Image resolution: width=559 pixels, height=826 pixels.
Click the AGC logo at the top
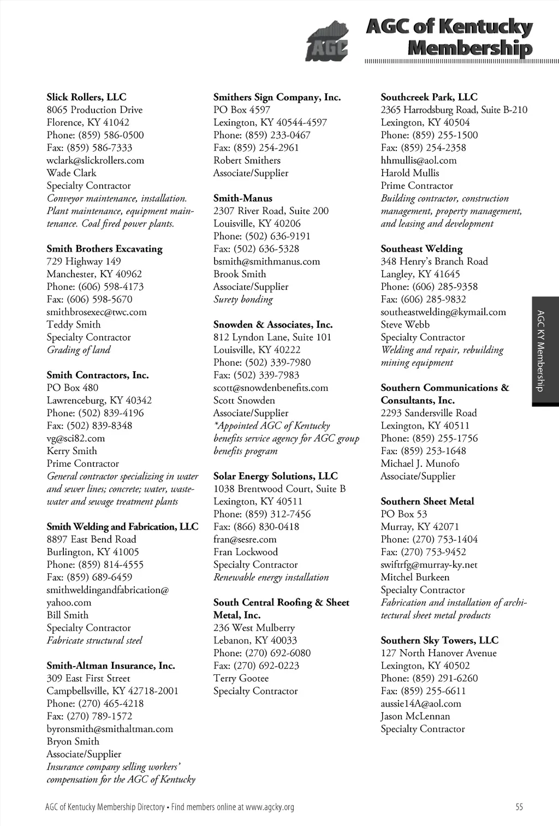pos(327,41)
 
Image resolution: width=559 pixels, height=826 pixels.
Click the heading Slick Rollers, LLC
pos(86,97)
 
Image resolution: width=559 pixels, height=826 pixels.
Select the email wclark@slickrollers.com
pos(95,161)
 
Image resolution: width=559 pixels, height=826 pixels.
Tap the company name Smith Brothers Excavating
pos(104,249)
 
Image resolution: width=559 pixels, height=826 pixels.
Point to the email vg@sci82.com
pos(75,438)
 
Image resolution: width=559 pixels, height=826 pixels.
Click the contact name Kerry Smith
pos(72,451)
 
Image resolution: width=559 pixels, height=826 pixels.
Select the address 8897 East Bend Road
pos(91,539)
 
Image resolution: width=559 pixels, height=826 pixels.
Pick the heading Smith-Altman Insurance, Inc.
pos(110,665)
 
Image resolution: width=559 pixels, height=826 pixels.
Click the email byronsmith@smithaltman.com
pos(109,729)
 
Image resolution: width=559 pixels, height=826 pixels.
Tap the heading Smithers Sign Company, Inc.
pos(277,97)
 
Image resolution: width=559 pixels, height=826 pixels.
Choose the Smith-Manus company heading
pos(242,198)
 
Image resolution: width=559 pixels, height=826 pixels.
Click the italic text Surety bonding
pos(243,299)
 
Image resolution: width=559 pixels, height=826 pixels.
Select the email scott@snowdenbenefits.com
pos(271,388)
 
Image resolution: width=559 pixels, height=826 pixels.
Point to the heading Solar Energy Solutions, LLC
pos(275,476)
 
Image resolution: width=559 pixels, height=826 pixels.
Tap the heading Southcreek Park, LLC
pos(429,97)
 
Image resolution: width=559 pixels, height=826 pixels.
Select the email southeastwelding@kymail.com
pos(443,312)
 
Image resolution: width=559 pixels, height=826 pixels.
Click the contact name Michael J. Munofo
pos(420,463)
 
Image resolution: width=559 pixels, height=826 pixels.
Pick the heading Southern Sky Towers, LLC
pos(439,640)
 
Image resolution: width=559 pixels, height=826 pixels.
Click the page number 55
pos(519,807)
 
